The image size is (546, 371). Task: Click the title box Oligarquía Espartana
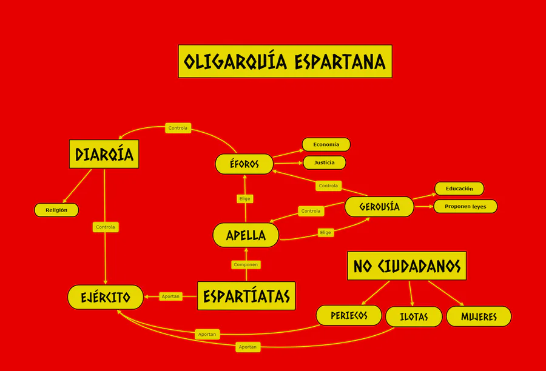click(x=285, y=61)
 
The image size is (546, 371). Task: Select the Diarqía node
click(x=104, y=155)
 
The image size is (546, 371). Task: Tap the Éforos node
click(x=244, y=164)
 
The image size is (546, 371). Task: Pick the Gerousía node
click(x=379, y=207)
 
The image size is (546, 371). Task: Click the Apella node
click(x=246, y=235)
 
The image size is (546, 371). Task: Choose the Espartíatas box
click(x=246, y=296)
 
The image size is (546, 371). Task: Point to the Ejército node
click(x=106, y=297)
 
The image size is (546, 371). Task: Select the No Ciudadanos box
click(x=407, y=266)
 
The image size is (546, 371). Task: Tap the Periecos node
click(x=349, y=315)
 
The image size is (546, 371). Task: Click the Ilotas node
click(x=414, y=316)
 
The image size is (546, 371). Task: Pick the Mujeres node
click(x=479, y=316)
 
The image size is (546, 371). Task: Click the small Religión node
click(x=56, y=210)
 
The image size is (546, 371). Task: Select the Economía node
click(x=326, y=144)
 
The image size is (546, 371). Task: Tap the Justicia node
click(x=325, y=162)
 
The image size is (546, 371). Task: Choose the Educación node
click(x=459, y=189)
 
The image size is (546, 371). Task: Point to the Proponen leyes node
click(x=465, y=207)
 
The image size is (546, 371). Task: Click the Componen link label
click(x=246, y=264)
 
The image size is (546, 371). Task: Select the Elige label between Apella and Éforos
click(x=245, y=198)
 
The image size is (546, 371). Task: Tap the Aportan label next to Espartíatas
click(x=170, y=296)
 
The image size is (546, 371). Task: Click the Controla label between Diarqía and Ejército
click(x=106, y=227)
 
